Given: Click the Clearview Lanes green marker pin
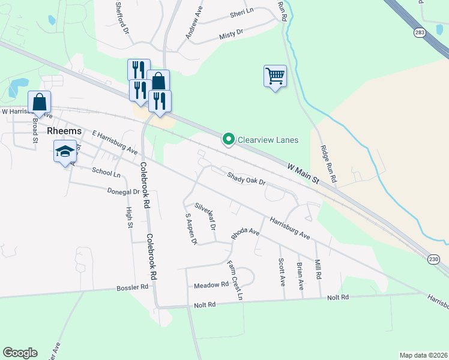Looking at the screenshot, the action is tap(228, 139).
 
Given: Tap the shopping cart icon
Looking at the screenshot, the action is tap(275, 77).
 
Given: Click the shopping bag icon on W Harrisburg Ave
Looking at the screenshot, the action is tap(39, 103).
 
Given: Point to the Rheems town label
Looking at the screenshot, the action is tap(64, 131).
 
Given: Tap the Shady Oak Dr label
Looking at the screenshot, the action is tap(246, 178).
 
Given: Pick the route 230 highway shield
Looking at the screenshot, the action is tap(434, 259).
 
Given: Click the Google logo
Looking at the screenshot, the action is tap(20, 353).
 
